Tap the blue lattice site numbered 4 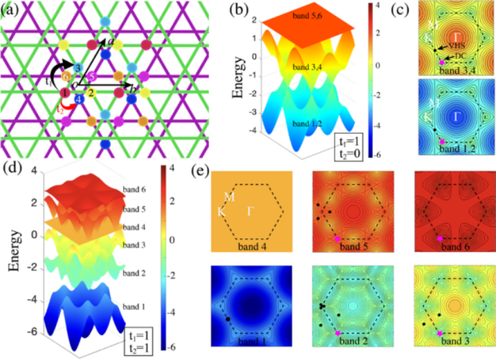pyautogui.click(x=79, y=100)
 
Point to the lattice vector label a pyautogui.click(x=104, y=41)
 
